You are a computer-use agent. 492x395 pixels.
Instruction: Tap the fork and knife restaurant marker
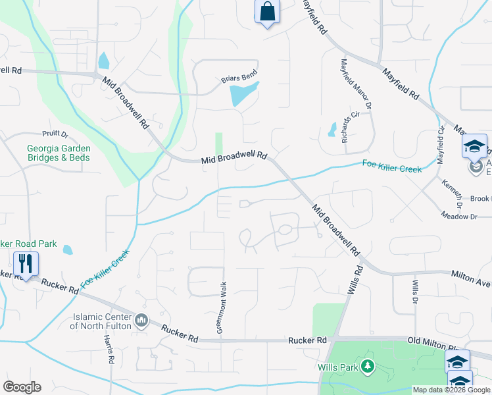tap(26, 264)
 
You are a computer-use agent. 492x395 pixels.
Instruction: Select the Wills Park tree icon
tap(368, 366)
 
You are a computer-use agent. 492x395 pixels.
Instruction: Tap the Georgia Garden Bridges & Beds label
tap(59, 153)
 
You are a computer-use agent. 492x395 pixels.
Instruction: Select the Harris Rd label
tap(109, 349)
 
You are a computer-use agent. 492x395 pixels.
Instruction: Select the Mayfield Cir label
tap(441, 147)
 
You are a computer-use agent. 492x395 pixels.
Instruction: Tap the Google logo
tap(22, 387)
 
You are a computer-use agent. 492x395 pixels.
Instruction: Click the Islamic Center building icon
tap(141, 321)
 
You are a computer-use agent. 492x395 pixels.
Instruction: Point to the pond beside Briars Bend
tap(243, 94)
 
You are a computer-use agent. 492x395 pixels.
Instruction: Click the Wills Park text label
tap(341, 367)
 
